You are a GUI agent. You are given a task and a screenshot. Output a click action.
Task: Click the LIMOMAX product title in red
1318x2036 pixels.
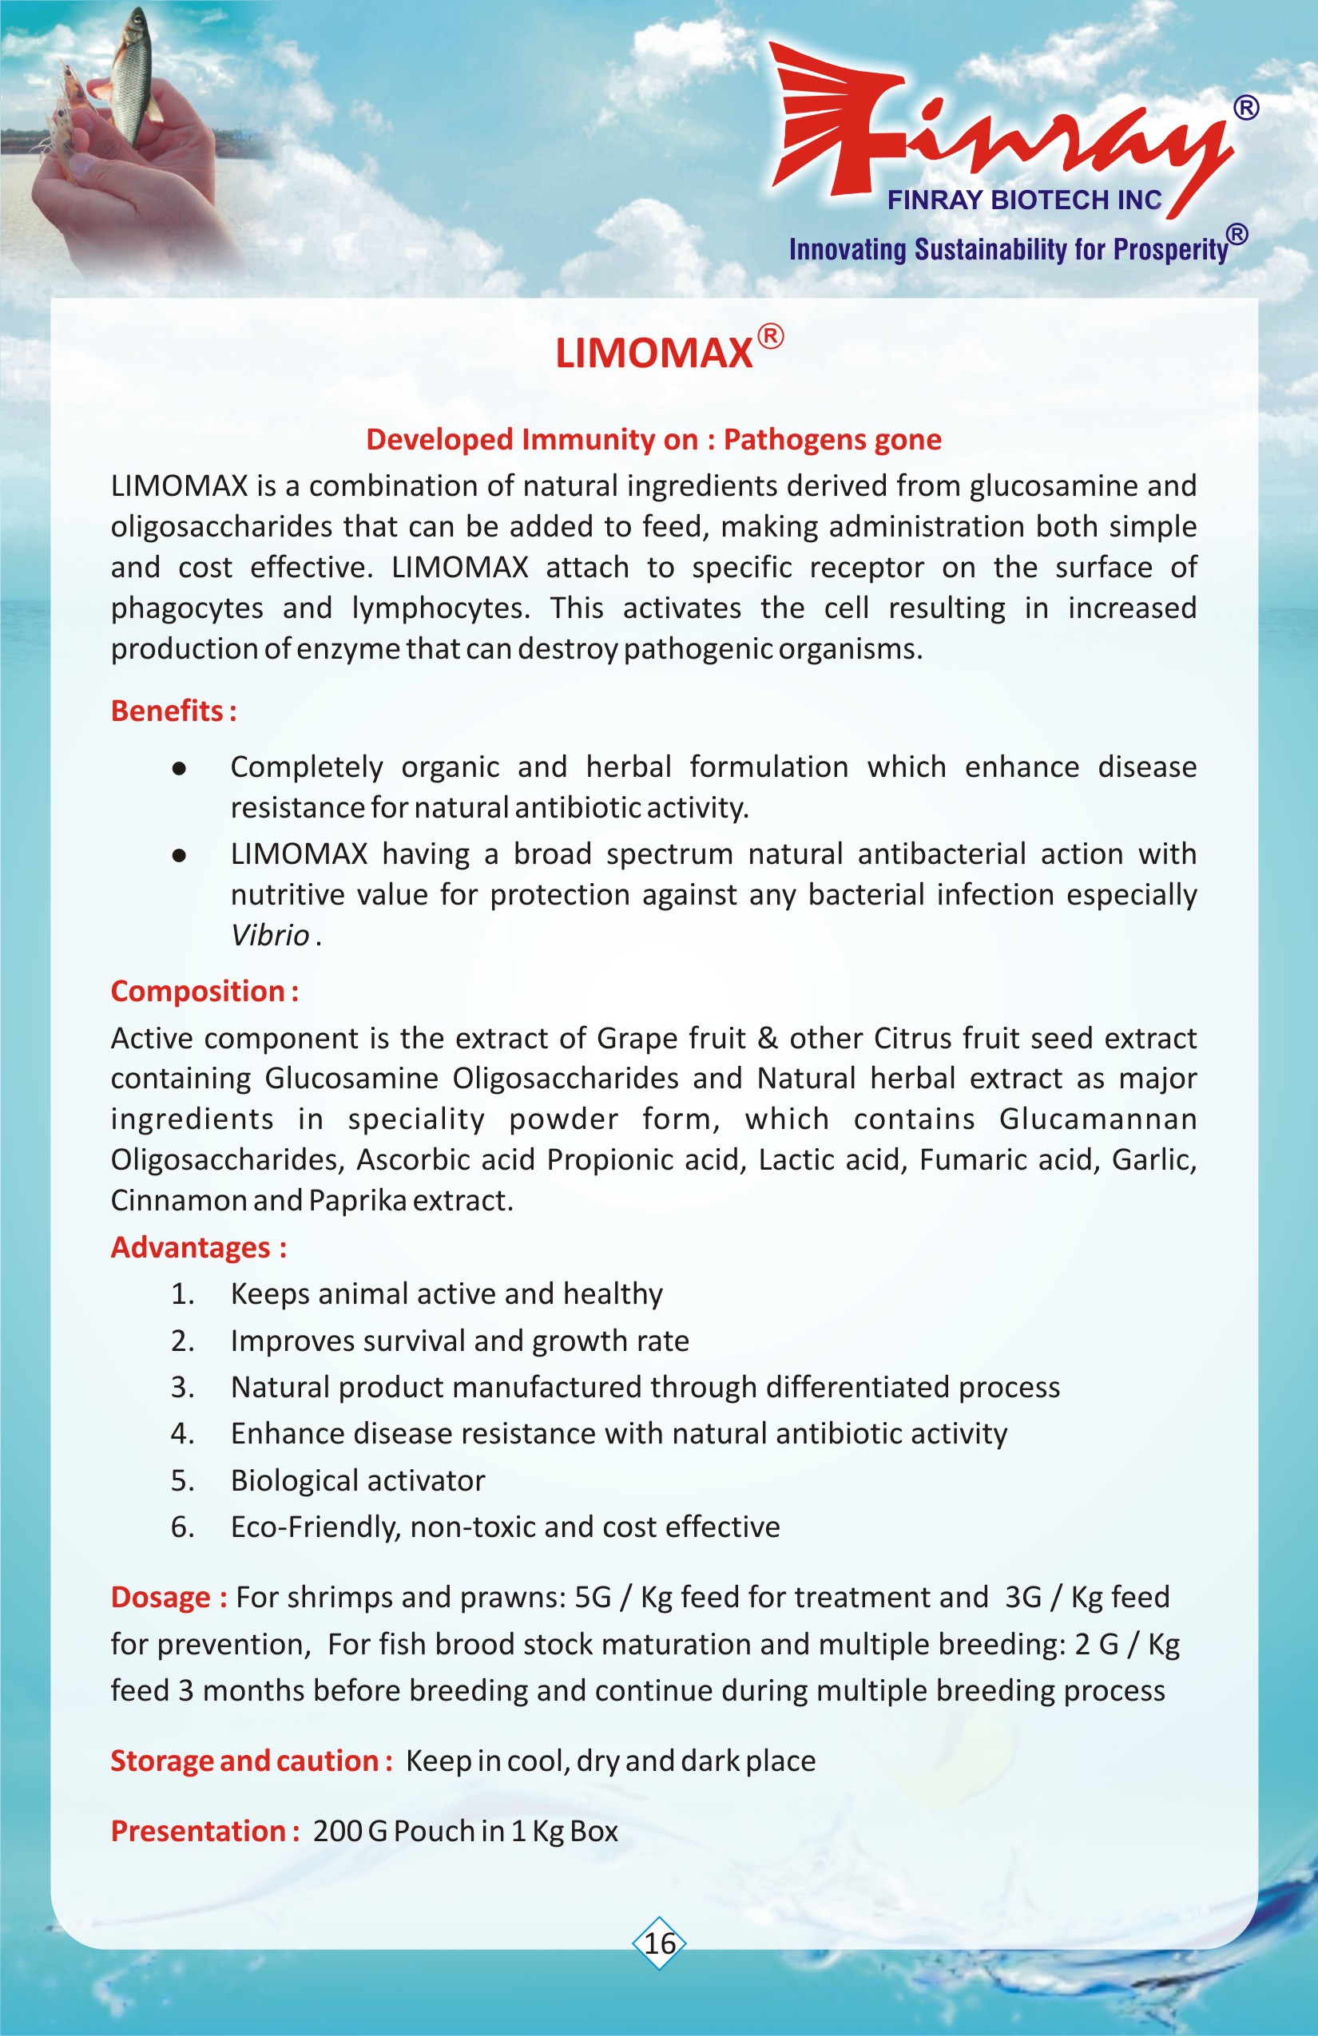[x=654, y=352]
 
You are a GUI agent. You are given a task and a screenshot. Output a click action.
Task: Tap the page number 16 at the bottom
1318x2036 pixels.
[x=659, y=1943]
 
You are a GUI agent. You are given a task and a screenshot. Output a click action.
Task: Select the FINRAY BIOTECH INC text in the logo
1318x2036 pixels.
[x=1023, y=200]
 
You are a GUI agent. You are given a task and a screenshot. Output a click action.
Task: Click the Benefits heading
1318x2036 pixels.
[x=173, y=711]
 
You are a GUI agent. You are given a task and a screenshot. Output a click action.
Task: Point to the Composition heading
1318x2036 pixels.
[x=204, y=991]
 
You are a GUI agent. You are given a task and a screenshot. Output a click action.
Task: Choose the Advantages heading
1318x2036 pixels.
[x=198, y=1247]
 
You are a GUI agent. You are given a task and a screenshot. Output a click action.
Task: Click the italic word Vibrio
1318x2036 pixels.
[x=270, y=935]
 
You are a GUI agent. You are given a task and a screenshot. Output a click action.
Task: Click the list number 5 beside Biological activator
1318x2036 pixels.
[x=181, y=1481]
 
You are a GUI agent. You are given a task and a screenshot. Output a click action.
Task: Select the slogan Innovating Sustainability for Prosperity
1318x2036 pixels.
[x=1008, y=250]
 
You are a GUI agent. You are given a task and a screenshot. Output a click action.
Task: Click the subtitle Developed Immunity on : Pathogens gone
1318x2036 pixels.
[x=654, y=439]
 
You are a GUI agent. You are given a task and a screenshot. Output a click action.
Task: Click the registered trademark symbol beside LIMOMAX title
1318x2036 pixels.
[x=770, y=336]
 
